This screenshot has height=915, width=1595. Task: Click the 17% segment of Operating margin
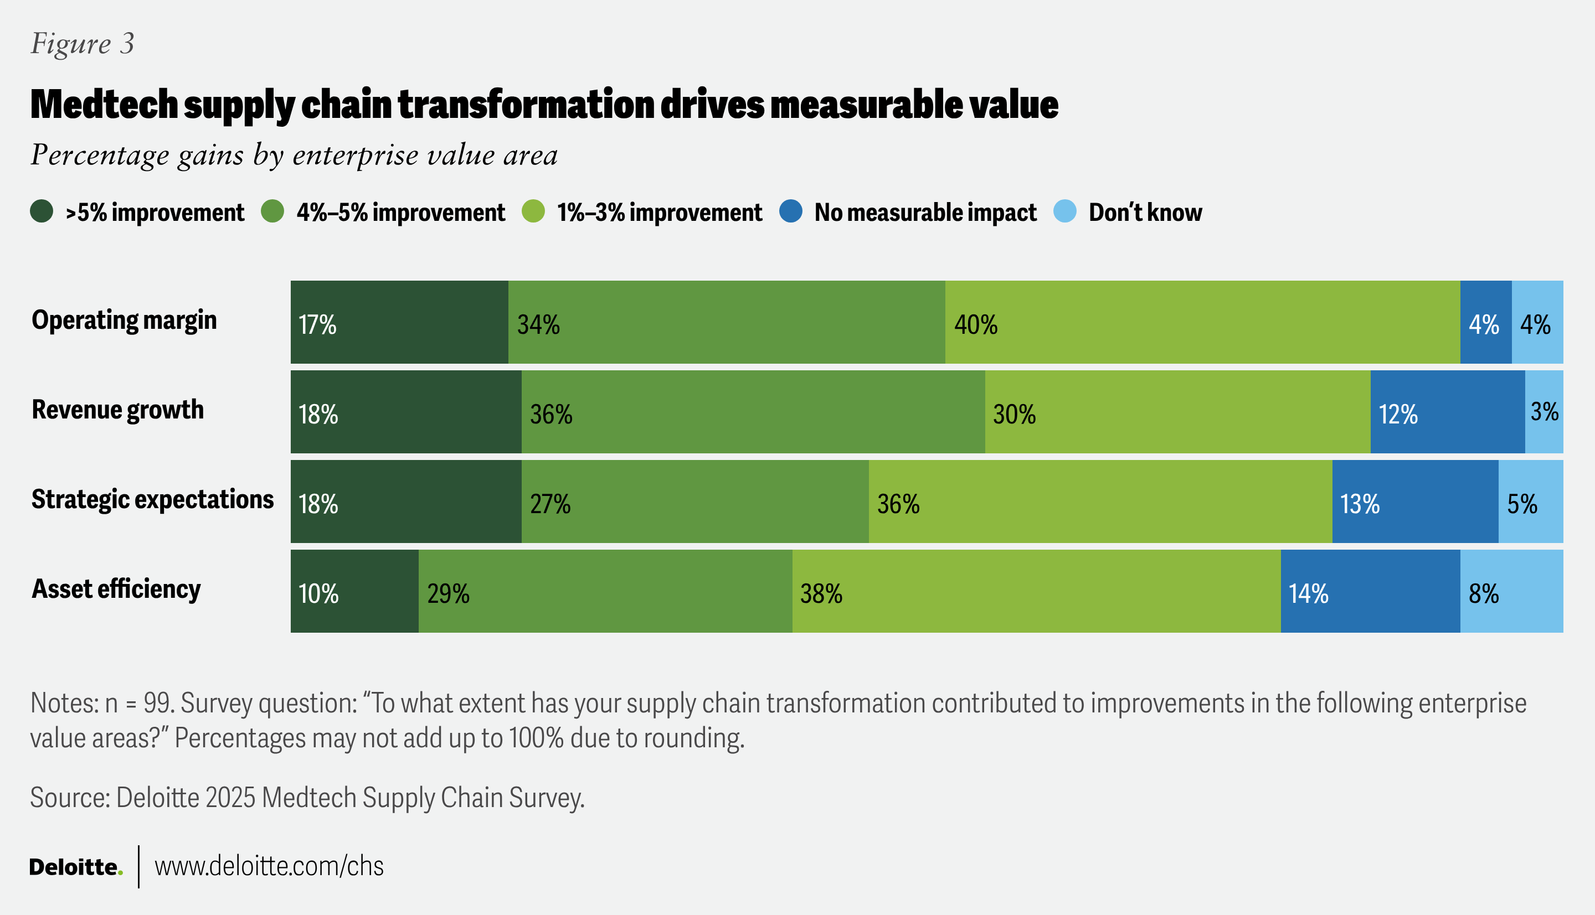click(x=399, y=322)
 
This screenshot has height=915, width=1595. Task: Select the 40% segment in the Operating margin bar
click(x=1202, y=322)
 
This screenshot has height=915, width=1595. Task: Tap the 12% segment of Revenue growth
click(x=1447, y=412)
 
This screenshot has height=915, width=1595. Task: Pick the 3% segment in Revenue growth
click(x=1544, y=412)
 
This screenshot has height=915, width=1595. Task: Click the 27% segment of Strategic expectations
click(x=694, y=502)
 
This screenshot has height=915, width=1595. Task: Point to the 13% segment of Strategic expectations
click(x=1414, y=502)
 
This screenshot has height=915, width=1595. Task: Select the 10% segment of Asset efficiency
click(x=354, y=591)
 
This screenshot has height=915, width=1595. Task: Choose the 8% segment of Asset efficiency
click(x=1511, y=591)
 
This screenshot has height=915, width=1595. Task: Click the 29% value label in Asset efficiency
click(x=448, y=594)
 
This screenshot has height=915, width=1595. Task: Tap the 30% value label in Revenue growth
click(x=1014, y=415)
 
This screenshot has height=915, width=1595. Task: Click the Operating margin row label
click(x=125, y=320)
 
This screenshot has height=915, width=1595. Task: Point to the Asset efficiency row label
click(x=116, y=590)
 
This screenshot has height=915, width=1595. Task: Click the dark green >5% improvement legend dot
click(x=42, y=211)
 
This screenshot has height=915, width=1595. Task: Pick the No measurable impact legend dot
click(x=790, y=211)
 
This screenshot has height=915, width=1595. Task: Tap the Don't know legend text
click(x=1145, y=213)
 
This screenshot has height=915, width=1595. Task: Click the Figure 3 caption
click(x=83, y=44)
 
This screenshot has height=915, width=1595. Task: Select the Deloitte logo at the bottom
click(x=75, y=867)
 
